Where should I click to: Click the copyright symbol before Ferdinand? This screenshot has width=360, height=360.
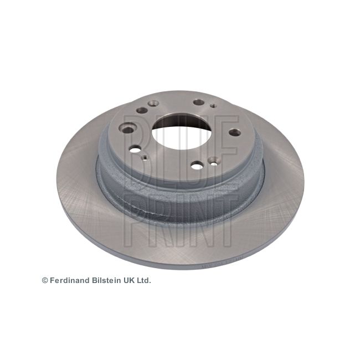45,280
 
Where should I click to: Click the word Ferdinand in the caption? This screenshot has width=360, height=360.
70,280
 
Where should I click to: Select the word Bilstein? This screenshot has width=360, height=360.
107,280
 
